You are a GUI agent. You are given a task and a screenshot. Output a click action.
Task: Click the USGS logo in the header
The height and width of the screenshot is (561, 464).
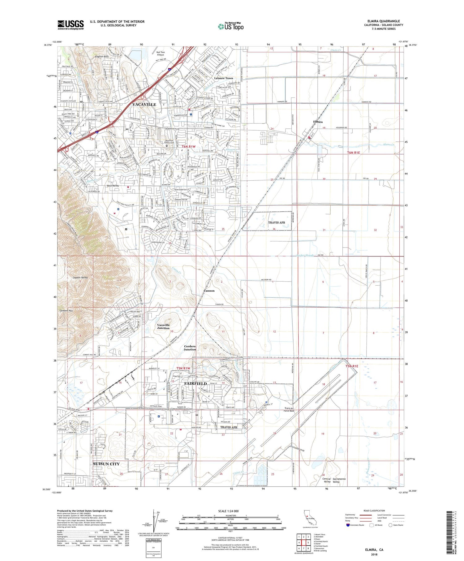coord(71,25)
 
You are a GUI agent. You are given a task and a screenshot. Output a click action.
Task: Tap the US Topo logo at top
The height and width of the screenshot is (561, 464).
coord(230,27)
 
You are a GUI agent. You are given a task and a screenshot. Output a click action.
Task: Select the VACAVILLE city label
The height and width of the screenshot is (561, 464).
coord(144,105)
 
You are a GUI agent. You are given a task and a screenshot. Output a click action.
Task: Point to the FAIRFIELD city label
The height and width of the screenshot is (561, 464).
coord(195,383)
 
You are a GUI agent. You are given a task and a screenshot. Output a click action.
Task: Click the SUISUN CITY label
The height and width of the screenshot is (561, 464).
coord(106,464)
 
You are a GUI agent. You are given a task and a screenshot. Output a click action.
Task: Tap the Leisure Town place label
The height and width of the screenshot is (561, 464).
coord(223,78)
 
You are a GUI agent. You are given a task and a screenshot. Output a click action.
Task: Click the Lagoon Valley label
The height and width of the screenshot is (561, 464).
coord(80,278)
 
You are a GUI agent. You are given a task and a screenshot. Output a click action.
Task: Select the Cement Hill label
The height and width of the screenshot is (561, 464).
coord(66,310)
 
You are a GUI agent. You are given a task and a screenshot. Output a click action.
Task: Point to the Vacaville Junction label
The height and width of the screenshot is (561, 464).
coord(163,326)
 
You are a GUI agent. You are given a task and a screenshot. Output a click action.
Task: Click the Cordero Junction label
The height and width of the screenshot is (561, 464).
coord(190,348)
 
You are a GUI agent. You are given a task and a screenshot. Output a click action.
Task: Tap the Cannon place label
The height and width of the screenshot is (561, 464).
coord(209,291)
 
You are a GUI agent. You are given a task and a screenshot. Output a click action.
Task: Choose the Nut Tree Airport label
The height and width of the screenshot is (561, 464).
coord(160,54)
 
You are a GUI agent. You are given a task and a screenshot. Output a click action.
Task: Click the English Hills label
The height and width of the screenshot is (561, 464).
coord(102,57)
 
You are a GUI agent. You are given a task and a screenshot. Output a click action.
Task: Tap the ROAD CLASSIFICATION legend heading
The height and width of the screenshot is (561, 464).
coord(374,511)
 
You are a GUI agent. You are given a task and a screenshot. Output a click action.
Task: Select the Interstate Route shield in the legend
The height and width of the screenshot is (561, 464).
coord(348,525)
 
